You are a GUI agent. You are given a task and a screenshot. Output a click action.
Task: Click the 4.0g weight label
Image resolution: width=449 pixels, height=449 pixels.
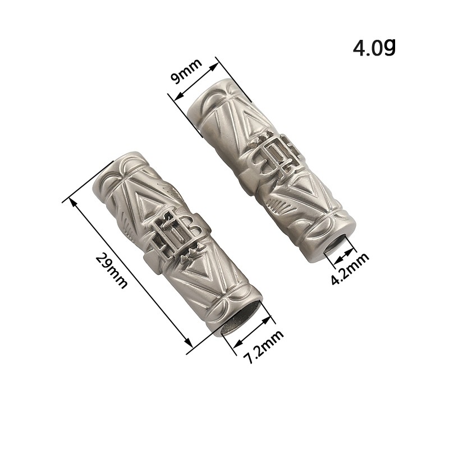pos(374,47)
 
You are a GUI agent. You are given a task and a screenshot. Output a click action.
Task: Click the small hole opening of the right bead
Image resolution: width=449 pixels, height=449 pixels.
pos(338,243)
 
